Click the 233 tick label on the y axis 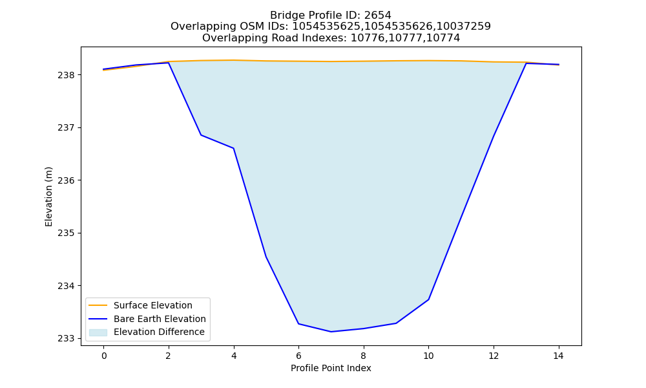65,338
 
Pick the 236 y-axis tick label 65,180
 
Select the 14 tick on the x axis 558,356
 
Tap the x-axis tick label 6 298,356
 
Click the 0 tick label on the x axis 104,356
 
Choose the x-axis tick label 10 428,356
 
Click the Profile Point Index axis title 331,368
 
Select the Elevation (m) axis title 48,197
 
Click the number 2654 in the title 377,16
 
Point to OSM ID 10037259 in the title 463,27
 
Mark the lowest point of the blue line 331,332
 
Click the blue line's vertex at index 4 234,148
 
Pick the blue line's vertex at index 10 428,299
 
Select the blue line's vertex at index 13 526,63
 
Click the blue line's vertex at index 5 266,257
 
